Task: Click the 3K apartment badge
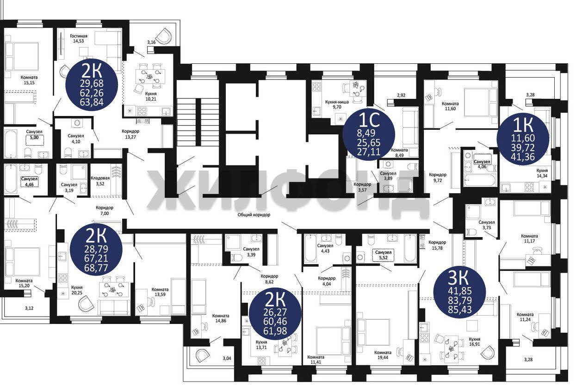tap(460, 293)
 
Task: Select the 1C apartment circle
tap(369, 134)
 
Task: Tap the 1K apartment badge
tap(523, 139)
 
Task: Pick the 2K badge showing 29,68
tap(92, 85)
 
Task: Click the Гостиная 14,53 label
tap(79, 38)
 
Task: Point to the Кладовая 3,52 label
tap(100, 181)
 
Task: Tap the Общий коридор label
tap(254, 215)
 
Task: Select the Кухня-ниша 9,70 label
tap(337, 104)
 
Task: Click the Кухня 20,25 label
tap(77, 290)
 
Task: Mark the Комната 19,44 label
tap(383, 355)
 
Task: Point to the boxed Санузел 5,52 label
tap(383, 255)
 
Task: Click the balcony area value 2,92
tap(401, 95)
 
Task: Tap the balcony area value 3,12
tap(29, 308)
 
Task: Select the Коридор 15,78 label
tap(437, 245)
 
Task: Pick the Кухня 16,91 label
tap(474, 342)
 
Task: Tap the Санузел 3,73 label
tap(487, 225)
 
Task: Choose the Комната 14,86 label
tap(220, 318)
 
